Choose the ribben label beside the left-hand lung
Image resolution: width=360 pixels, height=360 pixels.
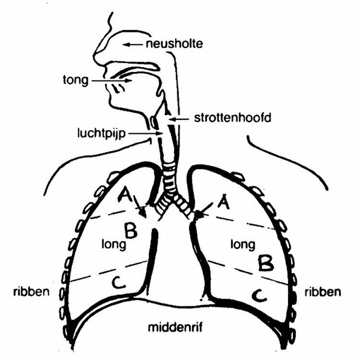[32, 291]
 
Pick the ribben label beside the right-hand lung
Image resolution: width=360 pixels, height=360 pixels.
[324, 291]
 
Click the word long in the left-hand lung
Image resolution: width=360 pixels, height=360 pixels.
[112, 244]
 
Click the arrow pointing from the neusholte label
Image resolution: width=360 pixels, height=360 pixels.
[133, 45]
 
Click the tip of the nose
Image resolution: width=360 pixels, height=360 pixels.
[95, 62]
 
